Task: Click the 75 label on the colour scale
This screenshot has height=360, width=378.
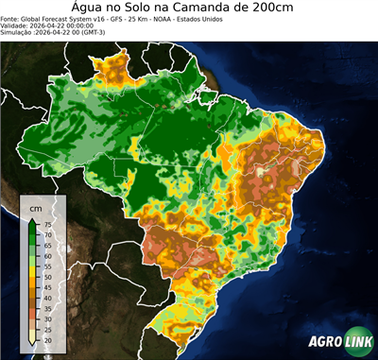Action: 48,225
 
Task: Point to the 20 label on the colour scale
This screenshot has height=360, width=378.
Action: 48,339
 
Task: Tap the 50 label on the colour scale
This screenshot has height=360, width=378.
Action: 48,277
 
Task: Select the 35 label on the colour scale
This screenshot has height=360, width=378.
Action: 48,308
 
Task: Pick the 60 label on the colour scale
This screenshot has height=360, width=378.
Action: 48,256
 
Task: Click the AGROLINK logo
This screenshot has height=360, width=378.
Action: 339,343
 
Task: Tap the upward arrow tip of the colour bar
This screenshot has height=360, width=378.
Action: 33,218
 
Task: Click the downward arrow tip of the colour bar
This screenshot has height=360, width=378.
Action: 33,345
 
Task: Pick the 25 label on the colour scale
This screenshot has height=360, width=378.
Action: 48,329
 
